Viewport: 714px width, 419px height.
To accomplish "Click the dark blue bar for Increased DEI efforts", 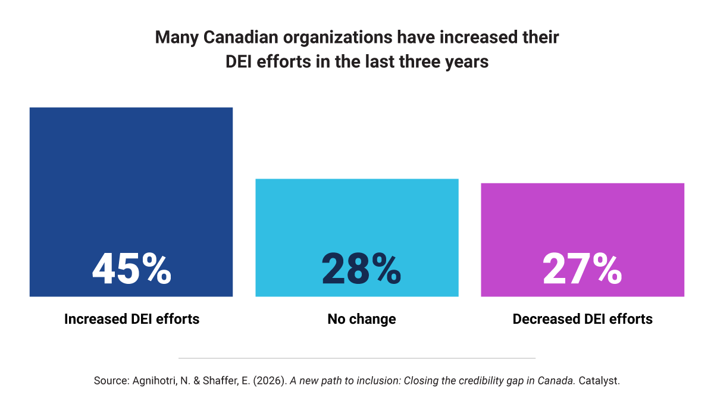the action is click(131, 202).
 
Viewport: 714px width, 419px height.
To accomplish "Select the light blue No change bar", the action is click(357, 237).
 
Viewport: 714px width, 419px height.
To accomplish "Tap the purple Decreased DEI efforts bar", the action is click(583, 240).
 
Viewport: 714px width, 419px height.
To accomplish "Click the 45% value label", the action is click(131, 269).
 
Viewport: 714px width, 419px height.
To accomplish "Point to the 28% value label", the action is click(361, 269).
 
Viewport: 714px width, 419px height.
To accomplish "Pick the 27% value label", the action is click(582, 269).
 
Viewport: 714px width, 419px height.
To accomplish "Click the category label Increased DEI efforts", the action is click(131, 319).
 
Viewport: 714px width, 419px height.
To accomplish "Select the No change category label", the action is click(362, 319).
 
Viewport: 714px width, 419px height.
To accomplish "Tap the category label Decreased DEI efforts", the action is click(583, 319).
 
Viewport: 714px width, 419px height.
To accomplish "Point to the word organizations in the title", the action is click(337, 38).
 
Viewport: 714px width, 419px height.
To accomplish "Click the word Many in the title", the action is click(177, 38).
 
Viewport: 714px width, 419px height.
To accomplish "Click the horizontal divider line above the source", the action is click(357, 358).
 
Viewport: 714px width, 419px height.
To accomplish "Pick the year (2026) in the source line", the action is click(270, 381).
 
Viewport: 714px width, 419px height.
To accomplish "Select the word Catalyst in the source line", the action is click(599, 381).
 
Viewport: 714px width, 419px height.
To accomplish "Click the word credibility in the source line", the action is click(478, 381).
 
